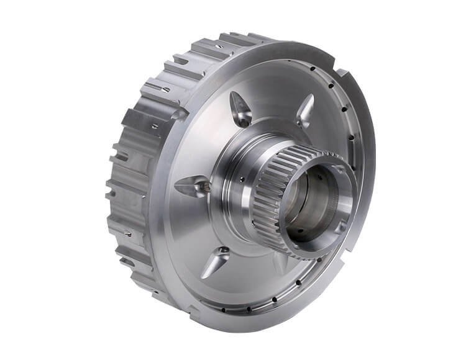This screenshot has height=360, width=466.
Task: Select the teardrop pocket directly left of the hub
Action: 193,186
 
